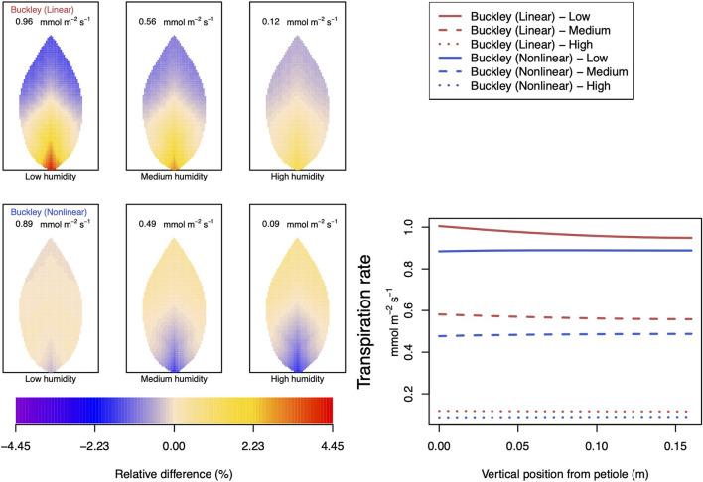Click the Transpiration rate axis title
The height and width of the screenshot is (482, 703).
(369, 319)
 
